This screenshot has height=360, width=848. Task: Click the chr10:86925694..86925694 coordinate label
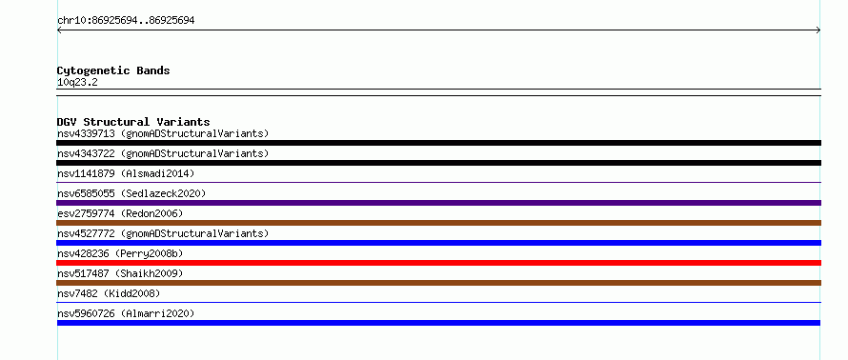coord(126,21)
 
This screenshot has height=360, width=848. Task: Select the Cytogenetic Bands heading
coord(113,70)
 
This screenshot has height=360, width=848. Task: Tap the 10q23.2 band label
coord(77,83)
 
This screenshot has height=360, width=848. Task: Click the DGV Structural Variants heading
coord(133,122)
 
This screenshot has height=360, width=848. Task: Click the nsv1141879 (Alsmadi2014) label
coord(126,173)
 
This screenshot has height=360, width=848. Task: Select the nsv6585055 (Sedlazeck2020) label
coord(131,193)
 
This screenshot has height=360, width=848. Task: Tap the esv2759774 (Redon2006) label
coord(120,213)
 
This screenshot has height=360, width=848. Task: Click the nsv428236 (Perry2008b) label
coord(120,253)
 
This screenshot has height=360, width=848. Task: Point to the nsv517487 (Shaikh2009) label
coord(120,273)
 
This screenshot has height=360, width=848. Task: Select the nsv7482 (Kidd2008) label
coord(109,293)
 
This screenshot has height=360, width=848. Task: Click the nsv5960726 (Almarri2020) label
coord(126,313)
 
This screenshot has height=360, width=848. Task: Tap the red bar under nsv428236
coord(438,263)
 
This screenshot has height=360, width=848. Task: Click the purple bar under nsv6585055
coord(438,203)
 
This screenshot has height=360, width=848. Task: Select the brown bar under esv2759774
coord(438,223)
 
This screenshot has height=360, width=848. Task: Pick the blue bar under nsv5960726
coord(438,323)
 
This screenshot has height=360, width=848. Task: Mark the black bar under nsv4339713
coord(438,143)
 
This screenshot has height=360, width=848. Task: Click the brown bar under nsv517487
coord(438,283)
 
